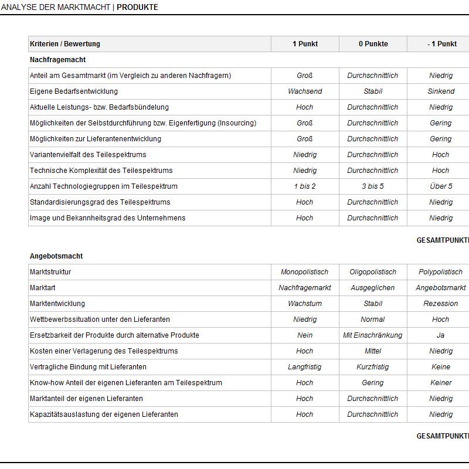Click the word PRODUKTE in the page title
(137, 8)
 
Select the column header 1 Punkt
(305, 44)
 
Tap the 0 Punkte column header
(373, 44)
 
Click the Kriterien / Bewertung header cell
(65, 44)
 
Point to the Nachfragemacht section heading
(58, 60)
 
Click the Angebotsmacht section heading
(56, 256)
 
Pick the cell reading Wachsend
(305, 91)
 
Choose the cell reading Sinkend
(441, 91)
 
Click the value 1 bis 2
(305, 186)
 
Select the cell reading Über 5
(441, 186)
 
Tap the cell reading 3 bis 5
(373, 186)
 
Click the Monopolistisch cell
(305, 272)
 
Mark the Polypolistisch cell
(441, 272)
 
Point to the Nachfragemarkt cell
(305, 288)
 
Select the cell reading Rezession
(441, 304)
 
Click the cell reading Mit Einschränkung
(373, 335)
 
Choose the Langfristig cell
(305, 367)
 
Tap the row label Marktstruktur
(50, 272)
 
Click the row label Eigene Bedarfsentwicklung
(74, 91)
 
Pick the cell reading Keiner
(441, 383)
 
